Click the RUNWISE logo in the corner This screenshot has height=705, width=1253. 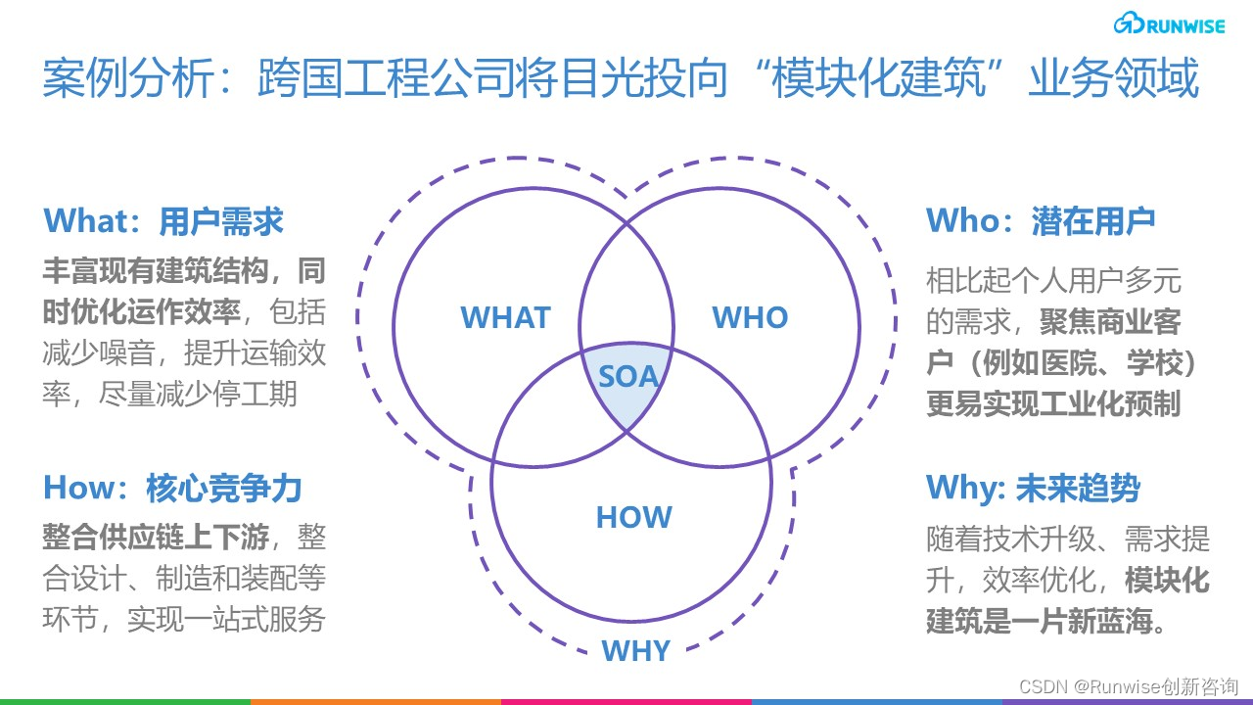tap(1169, 25)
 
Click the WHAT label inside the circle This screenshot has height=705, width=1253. tap(505, 317)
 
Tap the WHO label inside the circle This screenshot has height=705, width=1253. tap(750, 317)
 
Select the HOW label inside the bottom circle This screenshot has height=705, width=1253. tap(633, 517)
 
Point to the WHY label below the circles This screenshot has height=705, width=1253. tap(635, 651)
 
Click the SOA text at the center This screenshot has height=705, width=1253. tap(628, 376)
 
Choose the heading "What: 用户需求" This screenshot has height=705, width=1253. tap(163, 221)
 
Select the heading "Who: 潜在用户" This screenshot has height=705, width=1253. tap(1041, 221)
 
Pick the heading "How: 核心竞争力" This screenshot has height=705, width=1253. tap(172, 488)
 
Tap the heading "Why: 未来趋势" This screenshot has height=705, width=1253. tap(1033, 488)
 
